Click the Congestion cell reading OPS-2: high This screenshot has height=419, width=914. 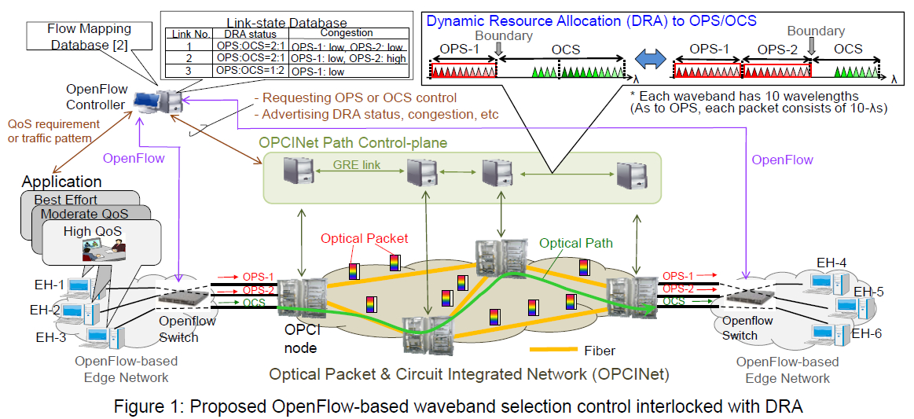click(350, 59)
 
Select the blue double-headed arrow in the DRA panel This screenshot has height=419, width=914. click(649, 59)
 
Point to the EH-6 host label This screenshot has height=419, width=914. click(867, 334)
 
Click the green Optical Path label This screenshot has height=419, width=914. click(575, 243)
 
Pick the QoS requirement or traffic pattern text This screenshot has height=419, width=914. click(53, 131)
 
